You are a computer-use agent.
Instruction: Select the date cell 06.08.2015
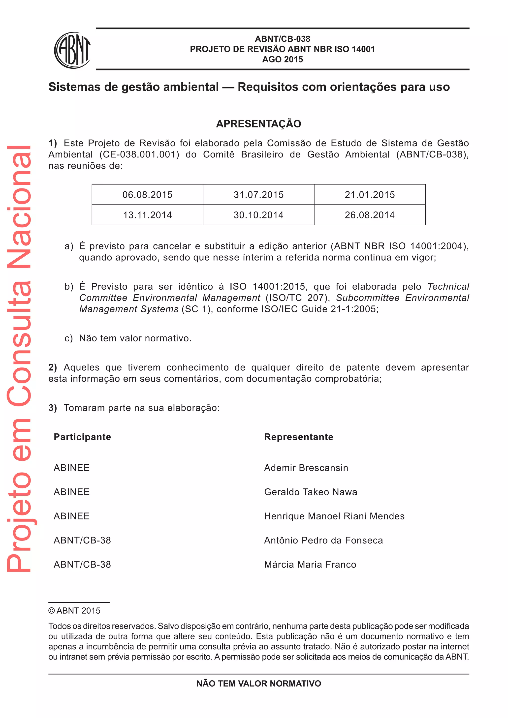[x=147, y=195]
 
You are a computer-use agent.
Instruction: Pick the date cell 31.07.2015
[x=258, y=195]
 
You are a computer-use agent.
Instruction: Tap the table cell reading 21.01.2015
[x=370, y=195]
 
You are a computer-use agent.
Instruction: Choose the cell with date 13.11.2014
[x=147, y=215]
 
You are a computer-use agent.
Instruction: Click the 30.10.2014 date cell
[x=258, y=215]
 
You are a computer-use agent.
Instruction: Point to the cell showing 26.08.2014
[x=370, y=215]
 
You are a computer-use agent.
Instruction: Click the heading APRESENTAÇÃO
[x=258, y=124]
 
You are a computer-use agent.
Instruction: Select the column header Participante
[x=82, y=437]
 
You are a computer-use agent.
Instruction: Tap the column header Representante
[x=299, y=437]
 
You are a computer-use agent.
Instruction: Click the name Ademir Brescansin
[x=306, y=468]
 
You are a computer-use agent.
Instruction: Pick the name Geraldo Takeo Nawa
[x=310, y=492]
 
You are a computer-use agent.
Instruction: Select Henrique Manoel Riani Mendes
[x=334, y=516]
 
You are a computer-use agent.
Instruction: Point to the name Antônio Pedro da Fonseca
[x=323, y=540]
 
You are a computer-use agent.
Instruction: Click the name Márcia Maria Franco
[x=310, y=565]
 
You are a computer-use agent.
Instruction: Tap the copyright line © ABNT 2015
[x=74, y=610]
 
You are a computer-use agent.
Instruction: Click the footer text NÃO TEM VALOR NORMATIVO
[x=258, y=684]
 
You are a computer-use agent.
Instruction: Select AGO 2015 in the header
[x=283, y=60]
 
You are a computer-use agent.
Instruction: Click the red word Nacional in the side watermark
[x=19, y=206]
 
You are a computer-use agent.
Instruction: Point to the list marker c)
[x=68, y=338]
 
